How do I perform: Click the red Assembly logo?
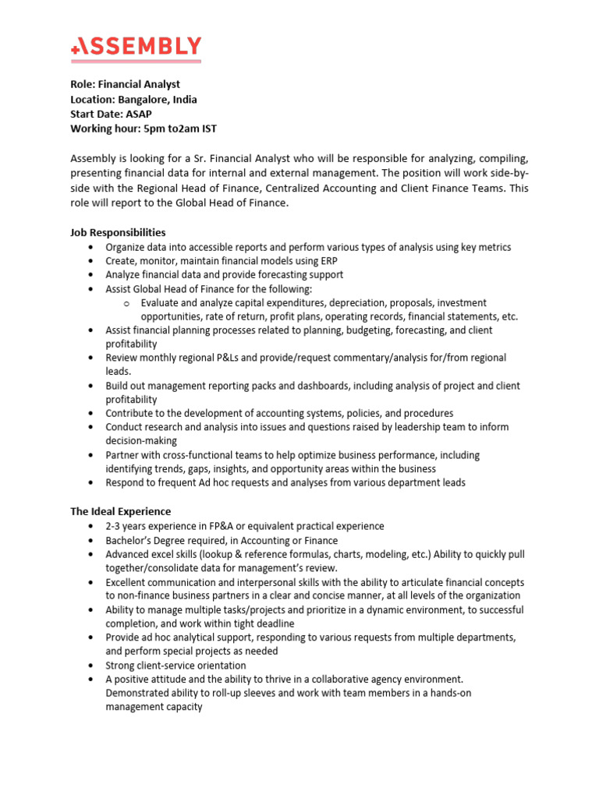136,48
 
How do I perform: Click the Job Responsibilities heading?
118,232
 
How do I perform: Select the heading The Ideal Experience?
120,511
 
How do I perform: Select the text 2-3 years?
126,526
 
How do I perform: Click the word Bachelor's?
130,540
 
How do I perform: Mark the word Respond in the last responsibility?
125,483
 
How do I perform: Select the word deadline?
272,623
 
